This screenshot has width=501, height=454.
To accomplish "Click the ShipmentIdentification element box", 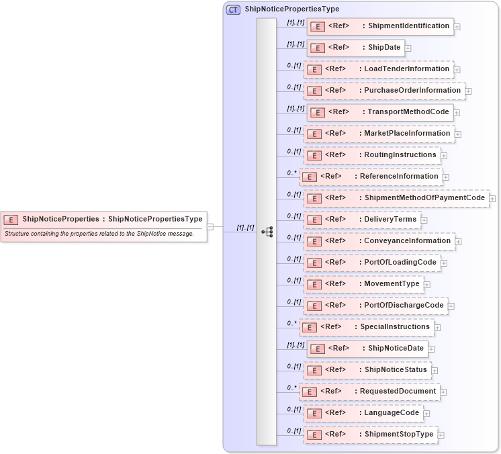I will click(380, 26).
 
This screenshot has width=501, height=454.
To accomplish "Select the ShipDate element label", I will click(384, 48).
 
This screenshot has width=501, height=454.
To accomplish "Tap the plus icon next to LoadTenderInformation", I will click(457, 70).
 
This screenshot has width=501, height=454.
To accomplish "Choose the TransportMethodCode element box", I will click(380, 112).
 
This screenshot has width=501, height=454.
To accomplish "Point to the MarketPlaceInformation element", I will click(379, 134).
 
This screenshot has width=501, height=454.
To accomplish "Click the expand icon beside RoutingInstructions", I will click(444, 156).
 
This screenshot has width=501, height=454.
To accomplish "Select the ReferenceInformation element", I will click(370, 177).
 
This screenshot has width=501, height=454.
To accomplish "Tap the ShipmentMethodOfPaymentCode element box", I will click(396, 198).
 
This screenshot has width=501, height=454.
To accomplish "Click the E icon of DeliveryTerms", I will click(314, 220).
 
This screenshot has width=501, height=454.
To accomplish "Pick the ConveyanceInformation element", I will click(379, 241).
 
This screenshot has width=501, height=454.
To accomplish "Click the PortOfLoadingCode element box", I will click(372, 263).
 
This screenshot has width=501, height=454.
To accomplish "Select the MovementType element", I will click(363, 284).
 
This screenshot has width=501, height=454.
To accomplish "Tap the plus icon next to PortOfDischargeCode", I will click(451, 306).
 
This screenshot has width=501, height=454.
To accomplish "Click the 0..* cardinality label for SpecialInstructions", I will click(291, 323).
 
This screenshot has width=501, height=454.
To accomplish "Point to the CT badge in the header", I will click(233, 9).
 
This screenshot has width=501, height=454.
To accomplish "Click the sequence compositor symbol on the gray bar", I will click(267, 232).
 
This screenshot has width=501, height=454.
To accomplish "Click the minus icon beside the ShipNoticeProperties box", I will click(210, 226).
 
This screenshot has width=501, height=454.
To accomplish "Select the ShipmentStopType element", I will click(370, 435).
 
